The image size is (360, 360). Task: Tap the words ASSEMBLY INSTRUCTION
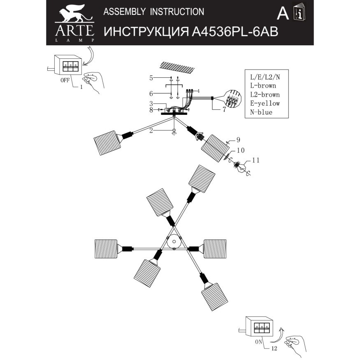153,12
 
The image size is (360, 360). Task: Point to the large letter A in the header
282,14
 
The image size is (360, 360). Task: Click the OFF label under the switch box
65,80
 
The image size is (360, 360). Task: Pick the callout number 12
274,348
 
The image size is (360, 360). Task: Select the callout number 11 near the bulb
256,160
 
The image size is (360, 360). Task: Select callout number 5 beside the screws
151,78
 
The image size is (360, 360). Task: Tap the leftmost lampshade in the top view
106,248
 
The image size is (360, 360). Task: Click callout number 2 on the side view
151,130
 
